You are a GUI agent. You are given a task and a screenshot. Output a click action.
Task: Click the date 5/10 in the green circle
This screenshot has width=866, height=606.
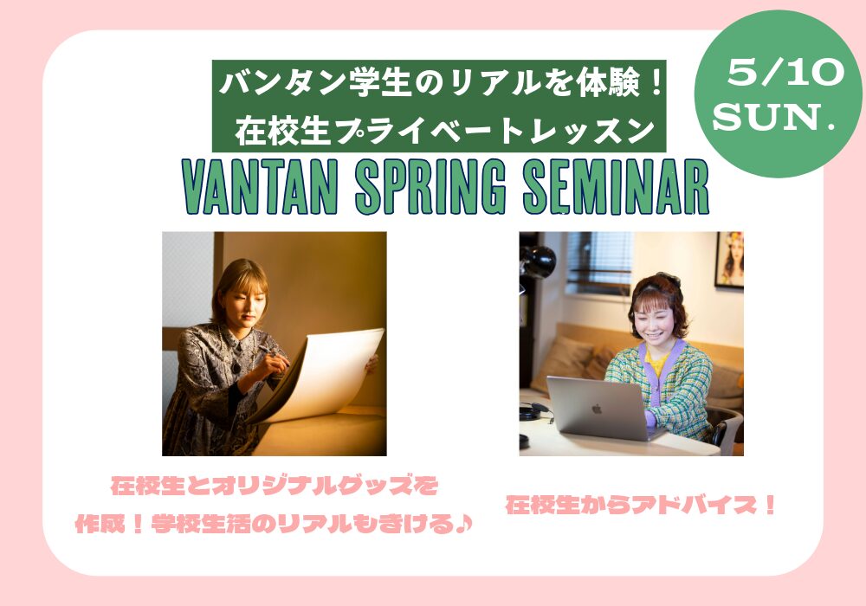(x=785, y=73)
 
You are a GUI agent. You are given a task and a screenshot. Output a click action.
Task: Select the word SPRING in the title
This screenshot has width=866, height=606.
(x=430, y=187)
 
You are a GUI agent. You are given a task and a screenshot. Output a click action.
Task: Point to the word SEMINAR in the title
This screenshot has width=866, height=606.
(x=615, y=187)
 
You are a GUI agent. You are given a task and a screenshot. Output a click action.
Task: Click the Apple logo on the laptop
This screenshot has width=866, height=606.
(x=597, y=409)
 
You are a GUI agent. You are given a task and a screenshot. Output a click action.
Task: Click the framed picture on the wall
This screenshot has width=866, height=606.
(x=729, y=260)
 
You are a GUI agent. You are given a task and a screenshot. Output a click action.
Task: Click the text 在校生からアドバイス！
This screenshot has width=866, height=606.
(x=641, y=505)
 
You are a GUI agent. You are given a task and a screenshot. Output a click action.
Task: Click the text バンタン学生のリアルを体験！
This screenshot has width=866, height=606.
(x=440, y=84)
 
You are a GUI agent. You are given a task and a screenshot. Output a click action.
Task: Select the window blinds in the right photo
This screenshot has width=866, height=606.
(x=599, y=261)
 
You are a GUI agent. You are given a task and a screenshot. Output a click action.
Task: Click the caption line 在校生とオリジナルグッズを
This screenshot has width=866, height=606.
(x=274, y=486)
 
